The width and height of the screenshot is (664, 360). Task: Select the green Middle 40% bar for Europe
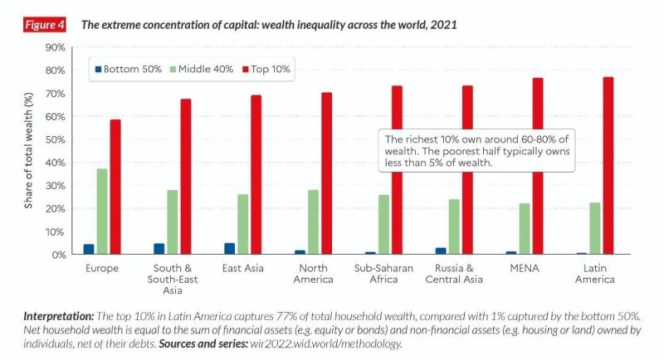(x=101, y=212)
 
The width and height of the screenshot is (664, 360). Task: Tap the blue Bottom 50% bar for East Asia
(x=229, y=249)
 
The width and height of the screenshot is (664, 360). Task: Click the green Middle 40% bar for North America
(x=313, y=221)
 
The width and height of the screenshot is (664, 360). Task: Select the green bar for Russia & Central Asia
(x=454, y=226)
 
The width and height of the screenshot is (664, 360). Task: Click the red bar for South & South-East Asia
(x=186, y=177)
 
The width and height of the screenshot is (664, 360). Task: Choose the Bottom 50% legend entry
(x=128, y=69)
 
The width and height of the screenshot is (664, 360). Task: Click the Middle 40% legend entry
(x=199, y=69)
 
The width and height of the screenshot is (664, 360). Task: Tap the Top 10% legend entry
(x=263, y=69)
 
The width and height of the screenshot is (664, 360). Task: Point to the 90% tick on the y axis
(x=55, y=47)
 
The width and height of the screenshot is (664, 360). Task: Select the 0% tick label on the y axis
(x=58, y=255)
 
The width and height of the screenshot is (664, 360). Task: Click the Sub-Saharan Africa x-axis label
(x=384, y=274)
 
